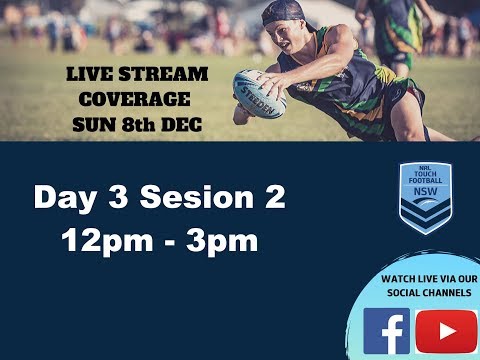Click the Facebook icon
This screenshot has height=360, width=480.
pos(387,330)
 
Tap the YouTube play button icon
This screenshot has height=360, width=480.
pos(446,331)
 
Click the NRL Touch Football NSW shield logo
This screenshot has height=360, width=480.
pos(425,197)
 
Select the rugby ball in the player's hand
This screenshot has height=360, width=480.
pos(259,92)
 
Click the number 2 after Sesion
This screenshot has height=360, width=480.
pos(272,197)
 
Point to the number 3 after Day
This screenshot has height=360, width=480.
pos(118,197)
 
